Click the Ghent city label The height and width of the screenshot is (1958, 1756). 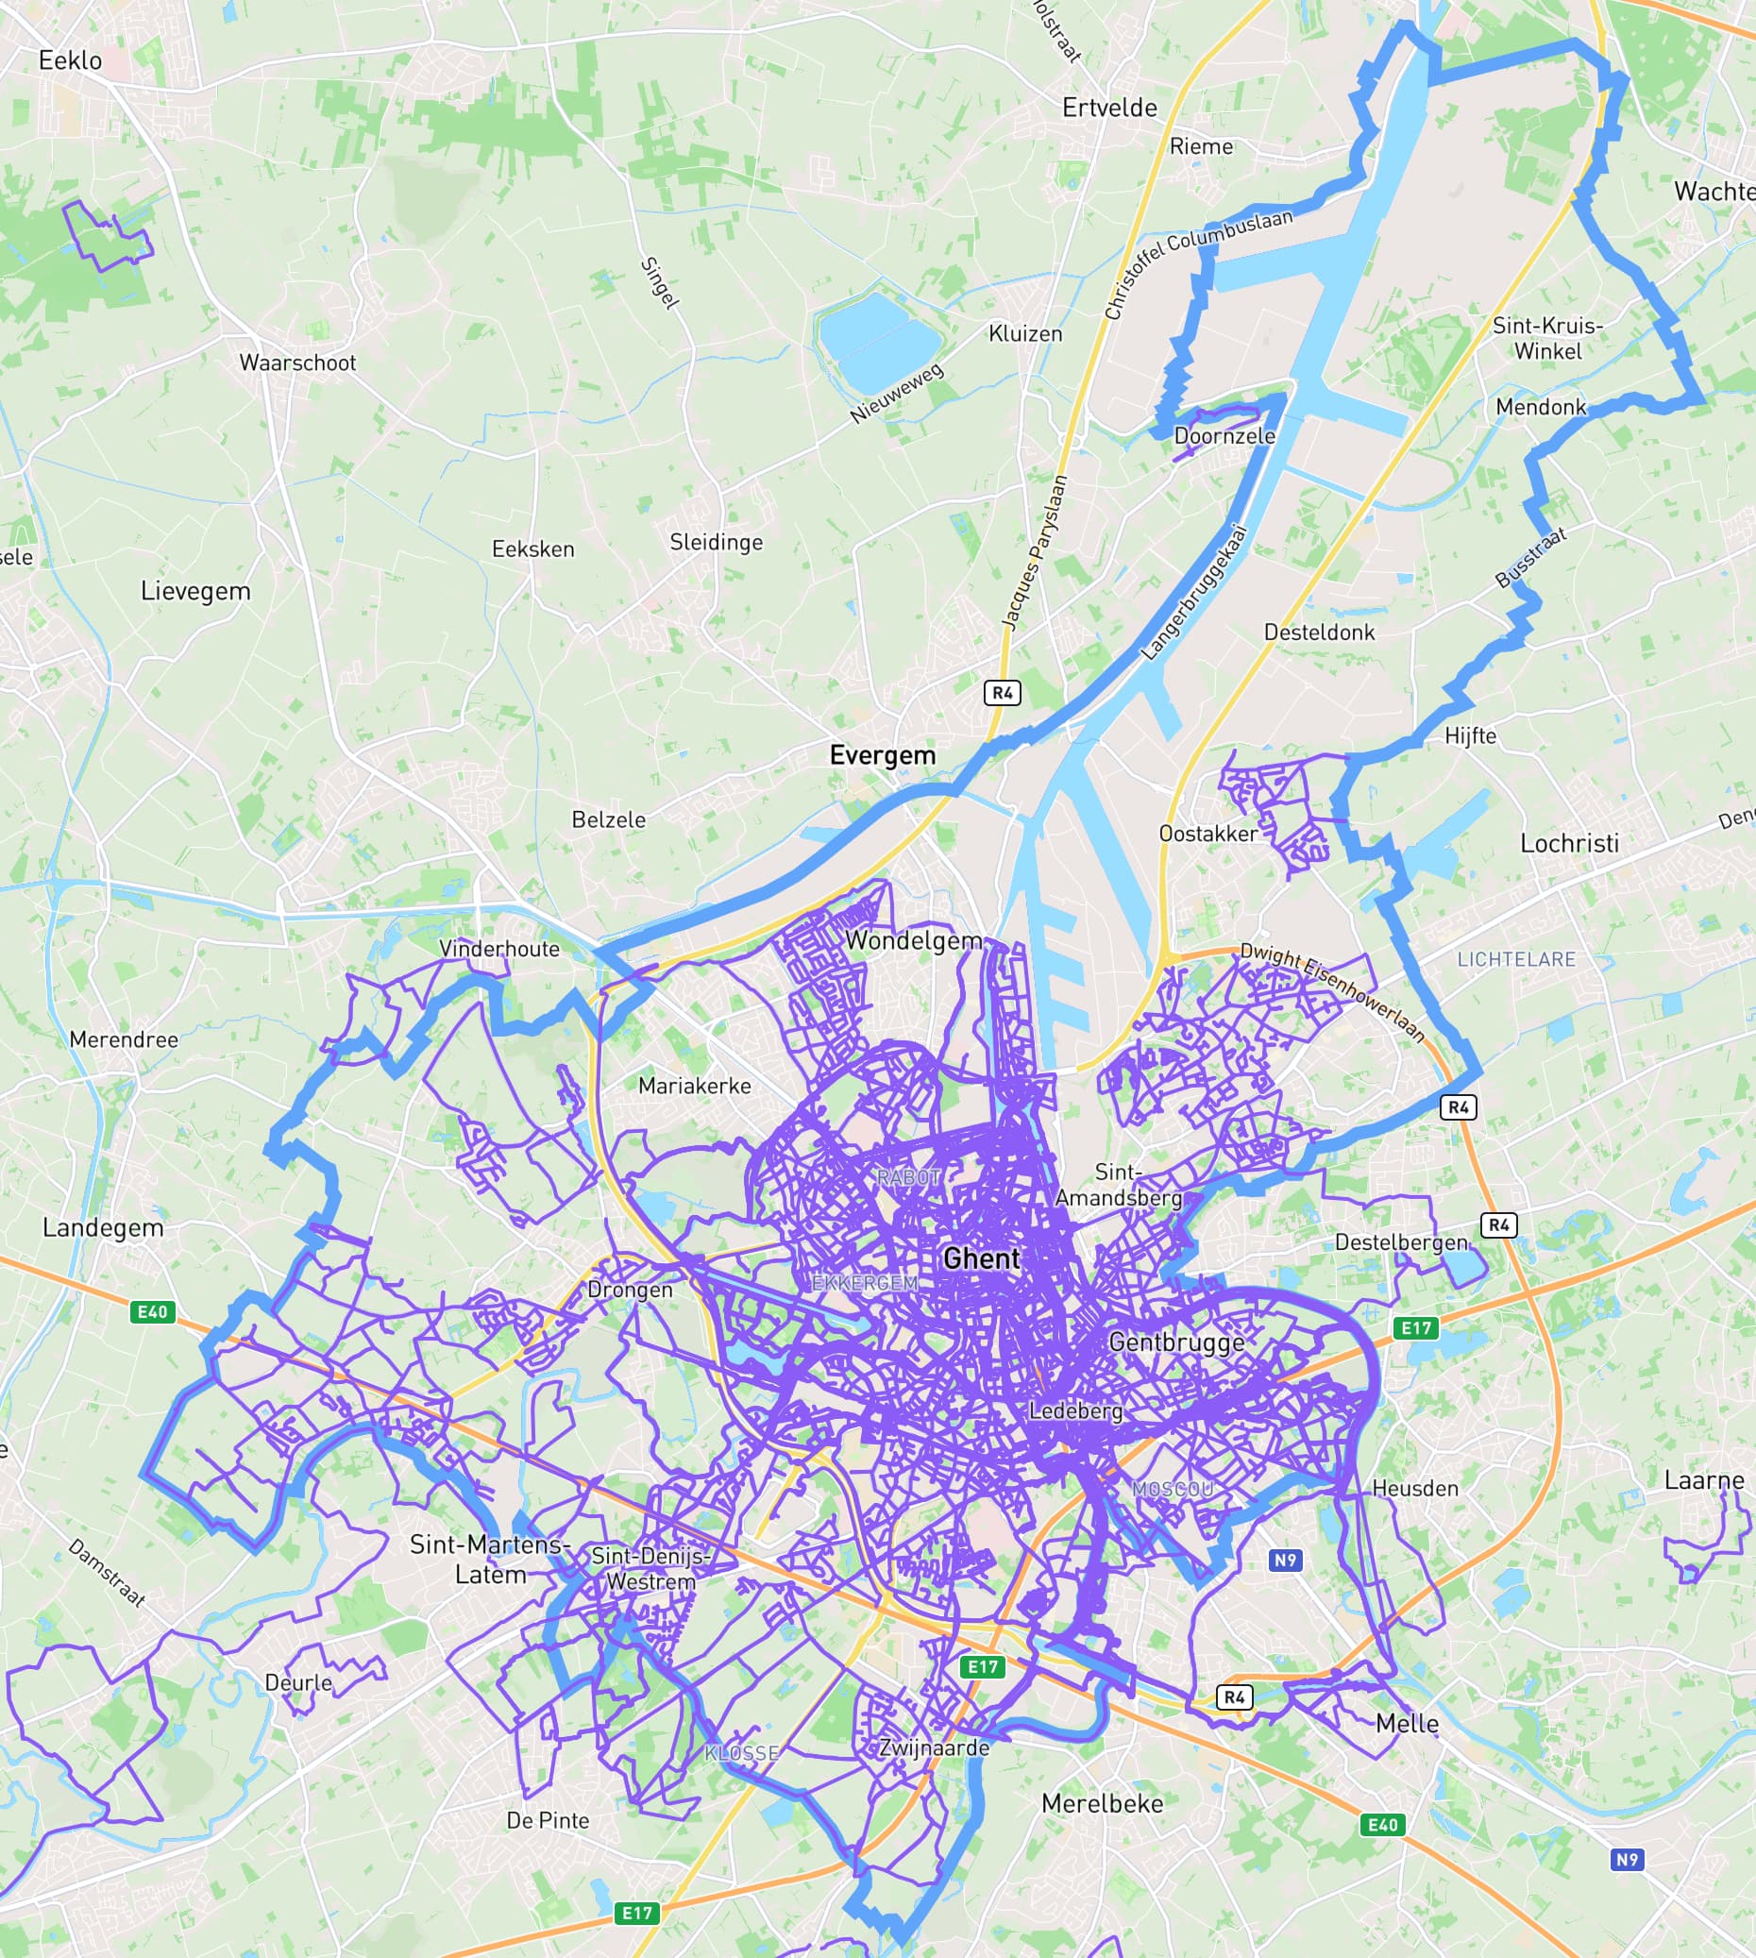pyautogui.click(x=981, y=1258)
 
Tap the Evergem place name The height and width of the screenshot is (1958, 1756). pyautogui.click(x=882, y=754)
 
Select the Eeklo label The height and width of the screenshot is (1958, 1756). pyautogui.click(x=70, y=59)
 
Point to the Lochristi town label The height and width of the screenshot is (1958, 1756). pyautogui.click(x=1569, y=842)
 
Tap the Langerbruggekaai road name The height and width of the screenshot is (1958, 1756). pyautogui.click(x=1194, y=593)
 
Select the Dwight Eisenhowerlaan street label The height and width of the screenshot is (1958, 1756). pyautogui.click(x=1332, y=992)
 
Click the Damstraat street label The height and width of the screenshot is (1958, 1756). pyautogui.click(x=107, y=1574)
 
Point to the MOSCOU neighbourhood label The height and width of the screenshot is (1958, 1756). pyautogui.click(x=1173, y=1489)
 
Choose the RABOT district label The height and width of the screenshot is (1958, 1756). pyautogui.click(x=908, y=1177)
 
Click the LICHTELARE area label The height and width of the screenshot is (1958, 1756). pyautogui.click(x=1516, y=959)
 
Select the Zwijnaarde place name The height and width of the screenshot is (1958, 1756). pyautogui.click(x=933, y=1747)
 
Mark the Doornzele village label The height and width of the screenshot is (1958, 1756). pyautogui.click(x=1224, y=435)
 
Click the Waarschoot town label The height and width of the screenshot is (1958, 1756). pyautogui.click(x=297, y=363)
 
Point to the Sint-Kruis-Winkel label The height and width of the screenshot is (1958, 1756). pyautogui.click(x=1547, y=338)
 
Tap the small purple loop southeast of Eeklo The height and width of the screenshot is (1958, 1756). pyautogui.click(x=106, y=234)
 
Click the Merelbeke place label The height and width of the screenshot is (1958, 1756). pyautogui.click(x=1102, y=1802)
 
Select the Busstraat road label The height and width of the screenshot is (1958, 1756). pyautogui.click(x=1530, y=558)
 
